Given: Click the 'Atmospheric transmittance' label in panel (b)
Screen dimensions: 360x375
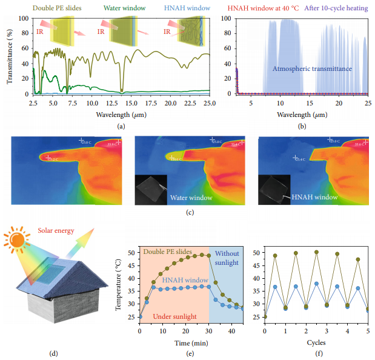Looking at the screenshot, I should tap(312, 69).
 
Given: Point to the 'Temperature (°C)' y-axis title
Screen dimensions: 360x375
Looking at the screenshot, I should tap(119, 282).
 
